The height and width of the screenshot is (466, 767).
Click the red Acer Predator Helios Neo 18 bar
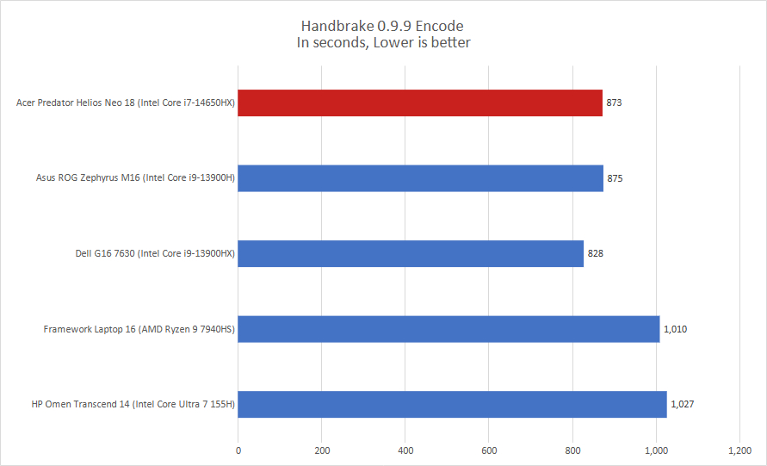click(420, 103)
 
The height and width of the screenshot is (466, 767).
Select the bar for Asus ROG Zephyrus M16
click(421, 178)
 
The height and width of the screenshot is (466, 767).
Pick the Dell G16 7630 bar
click(411, 253)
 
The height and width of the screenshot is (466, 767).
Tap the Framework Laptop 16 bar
click(448, 328)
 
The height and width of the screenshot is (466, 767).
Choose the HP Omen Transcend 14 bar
click(453, 404)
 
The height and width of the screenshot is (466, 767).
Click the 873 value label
click(614, 103)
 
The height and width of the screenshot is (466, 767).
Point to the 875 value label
click(615, 178)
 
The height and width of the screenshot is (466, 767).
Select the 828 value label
click(596, 254)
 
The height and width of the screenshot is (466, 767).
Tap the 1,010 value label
click(676, 329)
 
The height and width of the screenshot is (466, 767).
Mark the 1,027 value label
click(683, 404)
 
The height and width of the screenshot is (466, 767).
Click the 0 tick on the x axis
click(238, 450)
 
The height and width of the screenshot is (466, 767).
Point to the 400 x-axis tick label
click(405, 450)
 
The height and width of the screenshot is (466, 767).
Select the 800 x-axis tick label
click(572, 450)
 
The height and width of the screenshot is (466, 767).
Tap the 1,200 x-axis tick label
click(739, 450)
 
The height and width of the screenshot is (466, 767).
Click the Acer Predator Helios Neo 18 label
click(126, 103)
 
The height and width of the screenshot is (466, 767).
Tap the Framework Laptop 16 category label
click(139, 329)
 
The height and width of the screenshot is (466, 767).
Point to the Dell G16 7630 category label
click(155, 254)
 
